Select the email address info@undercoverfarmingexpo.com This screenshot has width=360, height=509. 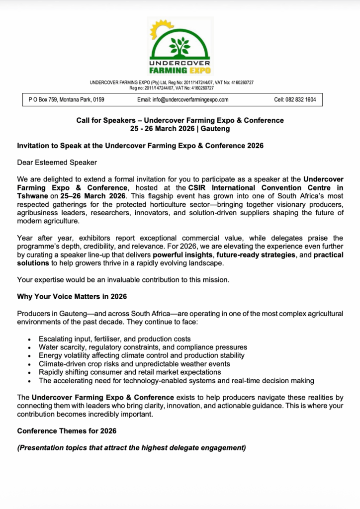(x=182, y=99)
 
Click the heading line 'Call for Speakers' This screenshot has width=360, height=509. (x=180, y=120)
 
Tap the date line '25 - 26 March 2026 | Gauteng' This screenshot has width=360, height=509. (x=180, y=128)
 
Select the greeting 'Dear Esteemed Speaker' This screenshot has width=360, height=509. (x=57, y=162)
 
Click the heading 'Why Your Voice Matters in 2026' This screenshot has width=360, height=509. (x=72, y=297)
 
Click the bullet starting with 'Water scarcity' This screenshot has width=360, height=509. (x=143, y=347)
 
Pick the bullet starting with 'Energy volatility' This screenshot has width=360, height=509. (x=141, y=355)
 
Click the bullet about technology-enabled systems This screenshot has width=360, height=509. (x=176, y=381)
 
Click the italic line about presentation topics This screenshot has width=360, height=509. (x=132, y=448)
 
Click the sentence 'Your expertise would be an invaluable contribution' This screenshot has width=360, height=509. (x=123, y=280)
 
